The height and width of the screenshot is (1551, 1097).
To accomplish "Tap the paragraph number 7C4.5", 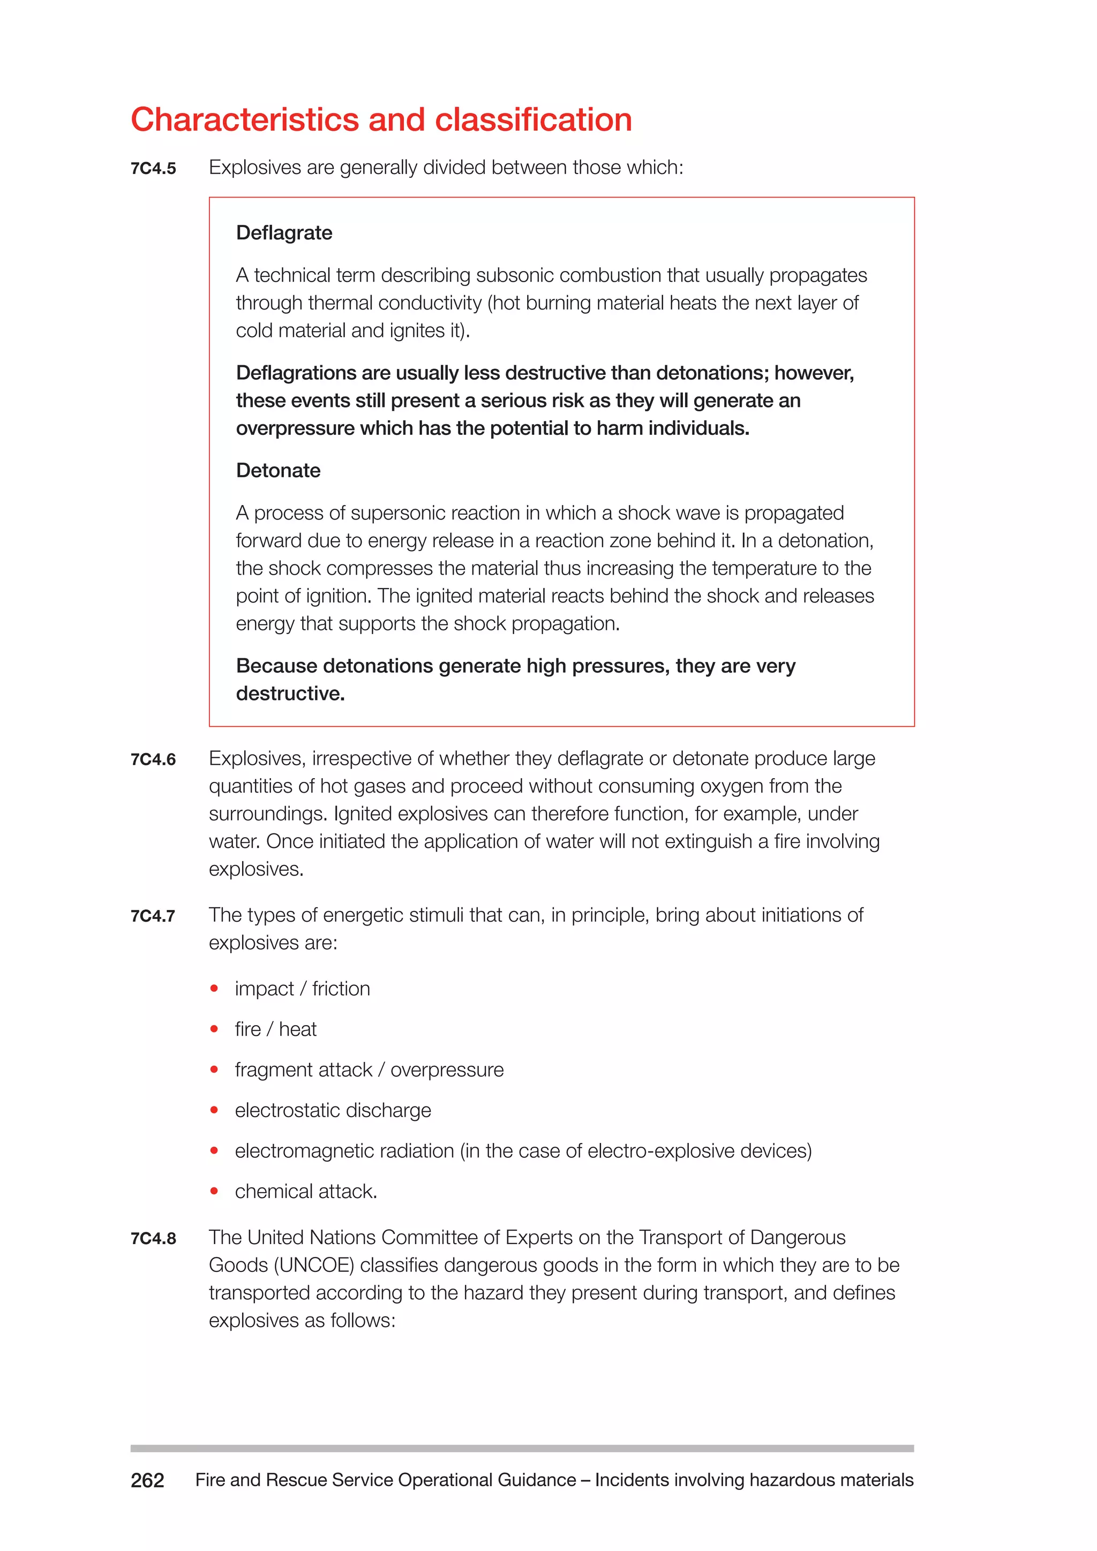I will click(153, 168).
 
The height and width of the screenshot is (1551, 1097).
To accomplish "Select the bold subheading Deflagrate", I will click(284, 232).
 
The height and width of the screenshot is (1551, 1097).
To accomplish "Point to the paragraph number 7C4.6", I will click(153, 759).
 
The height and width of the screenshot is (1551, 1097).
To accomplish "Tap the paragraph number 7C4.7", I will click(153, 916).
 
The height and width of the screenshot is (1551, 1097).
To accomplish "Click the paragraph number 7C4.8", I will click(153, 1238).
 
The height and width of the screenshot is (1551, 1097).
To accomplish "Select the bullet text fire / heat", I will click(276, 1029).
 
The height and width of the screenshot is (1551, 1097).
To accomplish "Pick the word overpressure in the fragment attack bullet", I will click(447, 1070).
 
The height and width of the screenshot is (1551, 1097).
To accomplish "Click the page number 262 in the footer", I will click(147, 1480).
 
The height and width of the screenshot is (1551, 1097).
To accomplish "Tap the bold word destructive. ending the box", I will click(290, 693).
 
